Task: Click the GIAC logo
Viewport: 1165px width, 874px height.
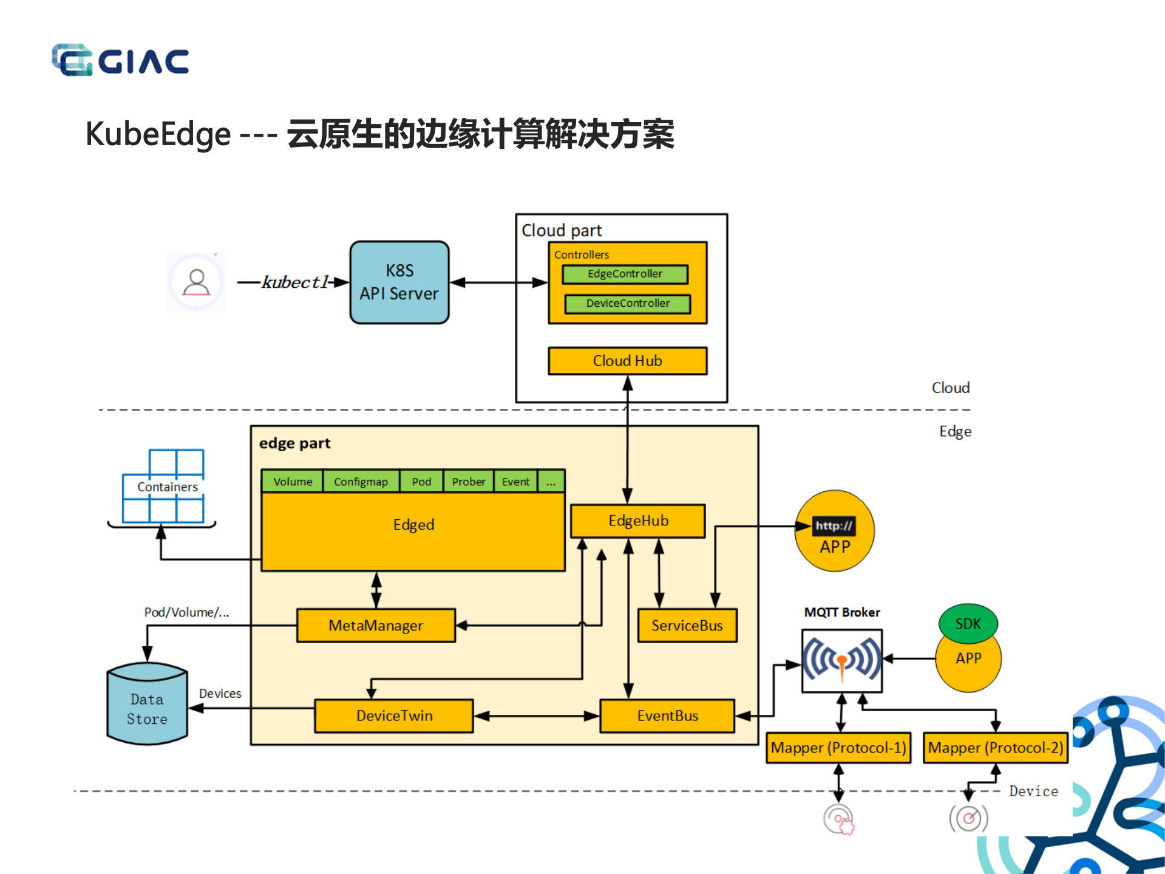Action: [120, 60]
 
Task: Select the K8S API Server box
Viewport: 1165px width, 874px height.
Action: [399, 282]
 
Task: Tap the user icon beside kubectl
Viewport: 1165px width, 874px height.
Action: [196, 282]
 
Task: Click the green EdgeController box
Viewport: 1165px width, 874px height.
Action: [625, 274]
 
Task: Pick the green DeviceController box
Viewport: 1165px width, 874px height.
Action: [627, 303]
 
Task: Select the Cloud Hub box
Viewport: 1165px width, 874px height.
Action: [627, 361]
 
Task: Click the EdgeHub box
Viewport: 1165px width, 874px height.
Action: [638, 521]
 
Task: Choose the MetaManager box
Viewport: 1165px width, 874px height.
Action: [376, 626]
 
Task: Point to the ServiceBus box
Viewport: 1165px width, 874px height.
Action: [687, 626]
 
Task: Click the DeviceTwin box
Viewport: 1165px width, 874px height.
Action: [394, 716]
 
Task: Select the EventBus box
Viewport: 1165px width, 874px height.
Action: [667, 716]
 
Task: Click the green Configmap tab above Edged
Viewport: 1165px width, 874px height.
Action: [361, 482]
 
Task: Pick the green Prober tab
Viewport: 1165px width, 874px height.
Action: [468, 482]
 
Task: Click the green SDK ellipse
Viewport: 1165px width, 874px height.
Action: [968, 623]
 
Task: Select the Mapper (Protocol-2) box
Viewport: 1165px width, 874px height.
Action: [995, 748]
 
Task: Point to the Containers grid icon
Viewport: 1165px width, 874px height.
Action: [163, 487]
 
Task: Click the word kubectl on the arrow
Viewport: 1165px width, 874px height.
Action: [295, 282]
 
